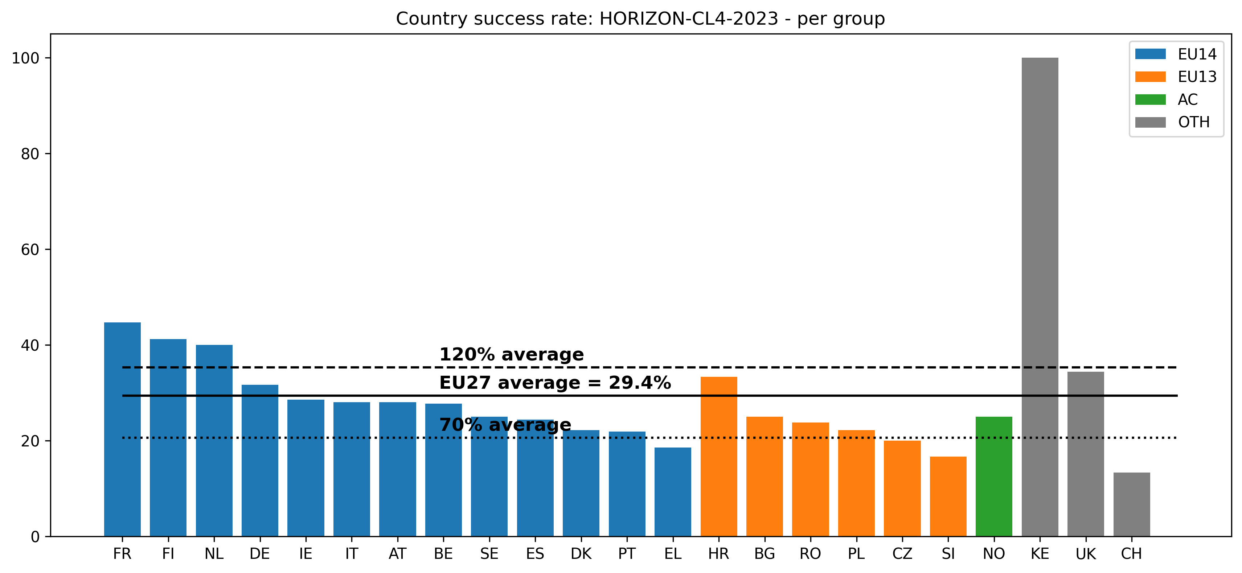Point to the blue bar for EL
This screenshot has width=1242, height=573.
click(673, 491)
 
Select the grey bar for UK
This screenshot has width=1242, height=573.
click(1085, 453)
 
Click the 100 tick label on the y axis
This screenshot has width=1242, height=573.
click(25, 58)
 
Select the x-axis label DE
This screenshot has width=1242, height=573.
click(259, 554)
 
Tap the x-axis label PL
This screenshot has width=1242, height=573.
click(856, 554)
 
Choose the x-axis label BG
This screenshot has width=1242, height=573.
click(764, 554)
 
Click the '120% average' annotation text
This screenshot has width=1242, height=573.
click(511, 355)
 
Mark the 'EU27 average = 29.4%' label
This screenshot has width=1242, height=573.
click(554, 383)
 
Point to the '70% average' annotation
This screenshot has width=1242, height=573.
click(505, 425)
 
